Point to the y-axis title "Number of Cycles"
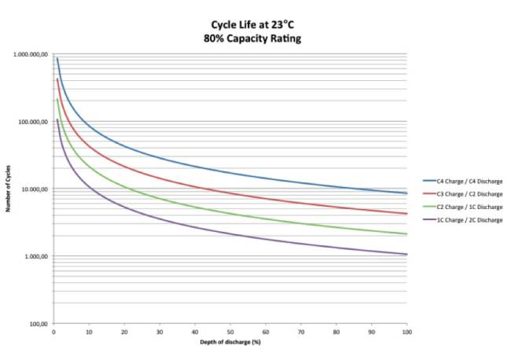click(x=9, y=189)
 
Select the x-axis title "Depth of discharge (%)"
click(x=230, y=343)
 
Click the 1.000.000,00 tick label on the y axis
click(x=29, y=55)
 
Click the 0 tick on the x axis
click(x=53, y=332)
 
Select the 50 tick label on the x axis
click(x=230, y=332)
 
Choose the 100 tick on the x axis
click(x=406, y=332)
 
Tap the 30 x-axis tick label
click(x=159, y=332)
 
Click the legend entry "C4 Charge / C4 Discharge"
click(x=464, y=182)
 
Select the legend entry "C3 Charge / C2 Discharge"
click(x=464, y=194)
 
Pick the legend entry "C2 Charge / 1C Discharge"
click(x=464, y=207)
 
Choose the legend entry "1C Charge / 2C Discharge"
click(x=464, y=219)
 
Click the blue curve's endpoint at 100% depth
click(x=406, y=193)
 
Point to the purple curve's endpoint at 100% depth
click(x=406, y=254)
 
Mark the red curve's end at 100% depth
click(x=406, y=214)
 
